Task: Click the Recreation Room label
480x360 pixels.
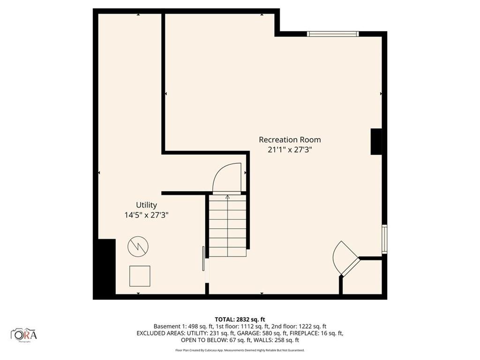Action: click(290, 140)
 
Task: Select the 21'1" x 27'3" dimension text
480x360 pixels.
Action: click(290, 150)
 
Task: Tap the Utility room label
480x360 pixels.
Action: click(146, 205)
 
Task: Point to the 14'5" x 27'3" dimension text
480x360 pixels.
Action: click(146, 215)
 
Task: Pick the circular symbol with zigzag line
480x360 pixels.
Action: click(138, 246)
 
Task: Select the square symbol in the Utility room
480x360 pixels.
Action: click(140, 276)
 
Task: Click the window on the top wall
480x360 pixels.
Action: click(333, 34)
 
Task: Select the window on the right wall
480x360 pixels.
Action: click(384, 239)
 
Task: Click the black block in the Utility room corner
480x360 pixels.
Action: click(105, 269)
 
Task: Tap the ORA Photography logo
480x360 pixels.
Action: click(24, 335)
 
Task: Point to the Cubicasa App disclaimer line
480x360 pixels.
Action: click(240, 350)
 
